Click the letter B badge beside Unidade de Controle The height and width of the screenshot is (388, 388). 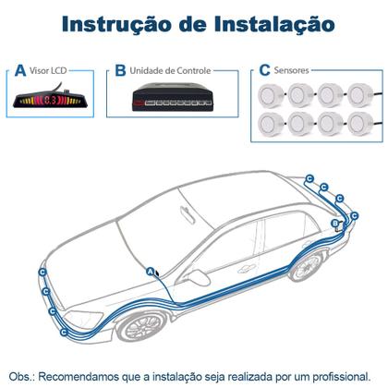point(120,70)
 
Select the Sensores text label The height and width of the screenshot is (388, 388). point(293,70)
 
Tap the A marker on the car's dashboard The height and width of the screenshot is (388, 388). point(151,271)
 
